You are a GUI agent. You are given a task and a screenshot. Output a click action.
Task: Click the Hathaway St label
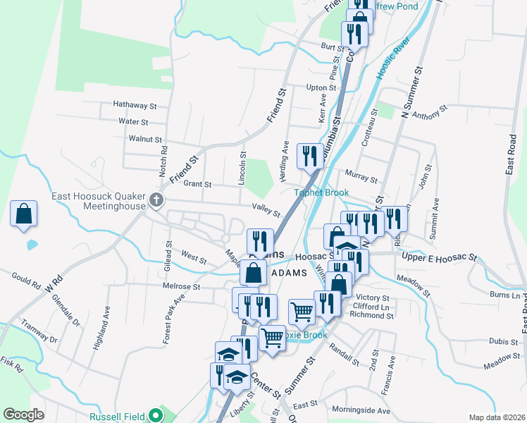[x=135, y=105]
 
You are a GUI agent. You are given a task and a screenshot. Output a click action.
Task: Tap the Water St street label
[x=132, y=121]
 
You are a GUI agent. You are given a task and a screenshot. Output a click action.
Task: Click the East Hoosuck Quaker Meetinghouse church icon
[x=156, y=201]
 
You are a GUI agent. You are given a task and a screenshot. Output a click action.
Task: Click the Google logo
[x=24, y=415]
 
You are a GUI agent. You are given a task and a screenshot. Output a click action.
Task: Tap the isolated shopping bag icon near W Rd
[x=23, y=214]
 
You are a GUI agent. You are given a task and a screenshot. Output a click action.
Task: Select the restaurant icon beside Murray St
[x=310, y=156]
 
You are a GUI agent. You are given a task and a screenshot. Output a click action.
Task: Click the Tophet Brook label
[x=322, y=192]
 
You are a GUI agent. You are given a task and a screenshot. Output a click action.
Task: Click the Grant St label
[x=197, y=184]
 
